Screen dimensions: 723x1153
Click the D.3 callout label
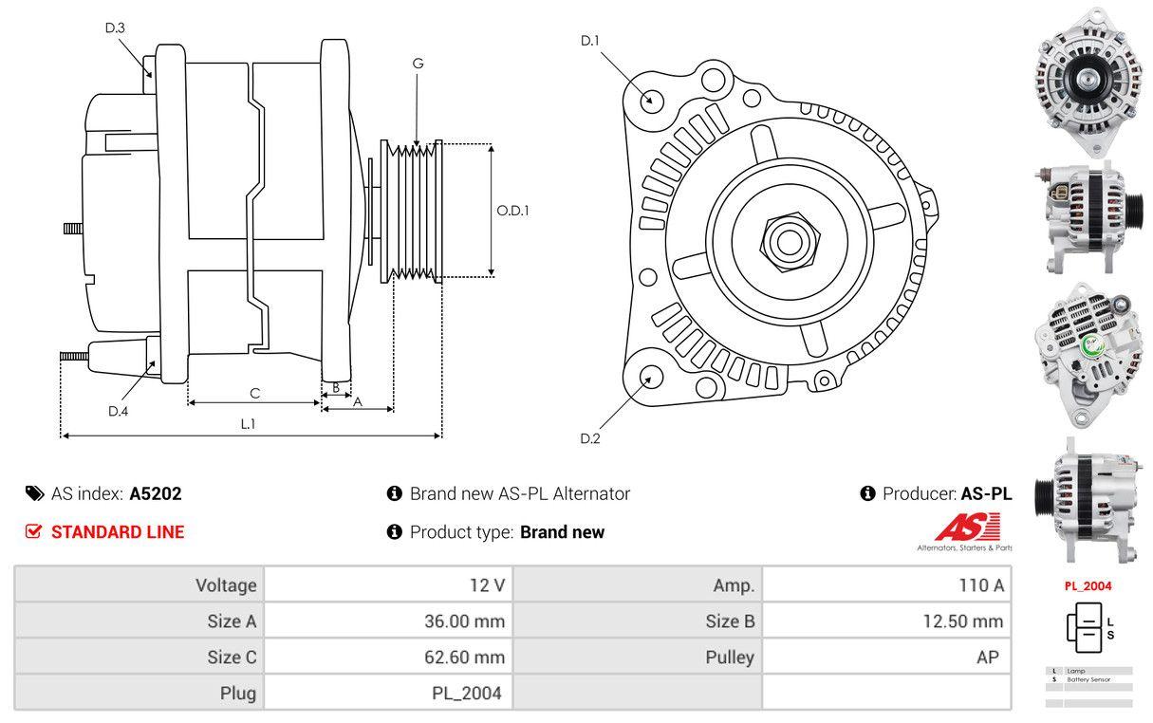tap(115, 28)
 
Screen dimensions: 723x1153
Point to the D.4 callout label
tap(118, 411)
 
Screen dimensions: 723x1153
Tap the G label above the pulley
tap(418, 64)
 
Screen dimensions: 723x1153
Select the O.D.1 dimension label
tap(513, 211)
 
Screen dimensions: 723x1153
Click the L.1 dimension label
tap(248, 424)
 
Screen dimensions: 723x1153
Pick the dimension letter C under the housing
tap(254, 393)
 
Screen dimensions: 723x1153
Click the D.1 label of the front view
tap(590, 40)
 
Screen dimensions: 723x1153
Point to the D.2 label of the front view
tap(590, 438)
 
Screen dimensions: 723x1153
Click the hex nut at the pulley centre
tap(785, 240)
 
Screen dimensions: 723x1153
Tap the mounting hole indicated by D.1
tap(651, 99)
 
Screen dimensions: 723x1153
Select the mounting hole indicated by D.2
tap(650, 377)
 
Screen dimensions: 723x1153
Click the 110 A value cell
tap(981, 585)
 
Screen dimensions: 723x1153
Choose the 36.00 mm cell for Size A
tap(464, 621)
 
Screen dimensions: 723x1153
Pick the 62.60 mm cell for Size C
tap(464, 657)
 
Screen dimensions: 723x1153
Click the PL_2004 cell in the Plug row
tap(467, 693)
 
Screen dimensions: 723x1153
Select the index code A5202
tap(156, 493)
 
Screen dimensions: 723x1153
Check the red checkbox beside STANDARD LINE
tap(34, 531)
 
